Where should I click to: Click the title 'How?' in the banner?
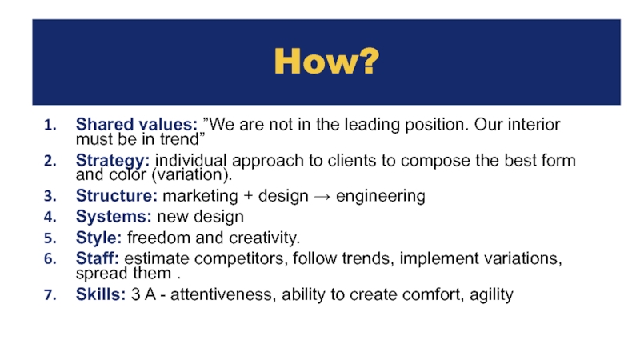pyautogui.click(x=326, y=62)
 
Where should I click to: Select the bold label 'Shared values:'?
pyautogui.click(x=137, y=124)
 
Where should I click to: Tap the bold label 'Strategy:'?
pyautogui.click(x=113, y=161)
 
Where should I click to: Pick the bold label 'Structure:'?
pyautogui.click(x=117, y=196)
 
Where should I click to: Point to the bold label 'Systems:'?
pyautogui.click(x=114, y=217)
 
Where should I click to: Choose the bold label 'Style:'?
pyautogui.click(x=98, y=238)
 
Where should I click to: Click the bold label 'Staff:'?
pyautogui.click(x=98, y=258)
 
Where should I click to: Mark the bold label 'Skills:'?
pyautogui.click(x=101, y=294)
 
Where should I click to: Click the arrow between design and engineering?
pyautogui.click(x=322, y=197)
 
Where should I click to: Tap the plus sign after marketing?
pyautogui.click(x=248, y=196)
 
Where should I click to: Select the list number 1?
pyautogui.click(x=50, y=125)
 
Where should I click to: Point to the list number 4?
pyautogui.click(x=50, y=217)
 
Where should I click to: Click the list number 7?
pyautogui.click(x=50, y=294)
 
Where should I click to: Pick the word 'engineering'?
pyautogui.click(x=381, y=196)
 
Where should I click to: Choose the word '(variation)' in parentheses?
pyautogui.click(x=190, y=175)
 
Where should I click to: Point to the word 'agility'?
pyautogui.click(x=491, y=295)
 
